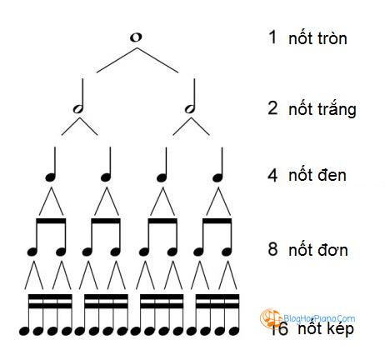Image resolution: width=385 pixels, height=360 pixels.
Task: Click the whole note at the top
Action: coord(136,37)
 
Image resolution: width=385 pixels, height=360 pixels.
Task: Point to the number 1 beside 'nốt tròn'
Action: coord(272,37)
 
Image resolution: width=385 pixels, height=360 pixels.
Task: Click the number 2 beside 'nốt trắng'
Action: coord(272,108)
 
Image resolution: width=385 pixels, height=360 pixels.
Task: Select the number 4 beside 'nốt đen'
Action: coord(272,175)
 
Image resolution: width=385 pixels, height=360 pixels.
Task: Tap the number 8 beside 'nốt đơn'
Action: coord(272,249)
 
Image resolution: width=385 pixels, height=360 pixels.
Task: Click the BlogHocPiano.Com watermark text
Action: coord(319,318)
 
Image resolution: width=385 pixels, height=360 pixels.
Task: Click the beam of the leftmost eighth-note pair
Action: coord(51,221)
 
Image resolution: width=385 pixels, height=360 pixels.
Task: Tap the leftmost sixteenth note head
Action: coord(24,331)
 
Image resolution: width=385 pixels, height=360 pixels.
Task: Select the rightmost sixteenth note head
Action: coord(234,331)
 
